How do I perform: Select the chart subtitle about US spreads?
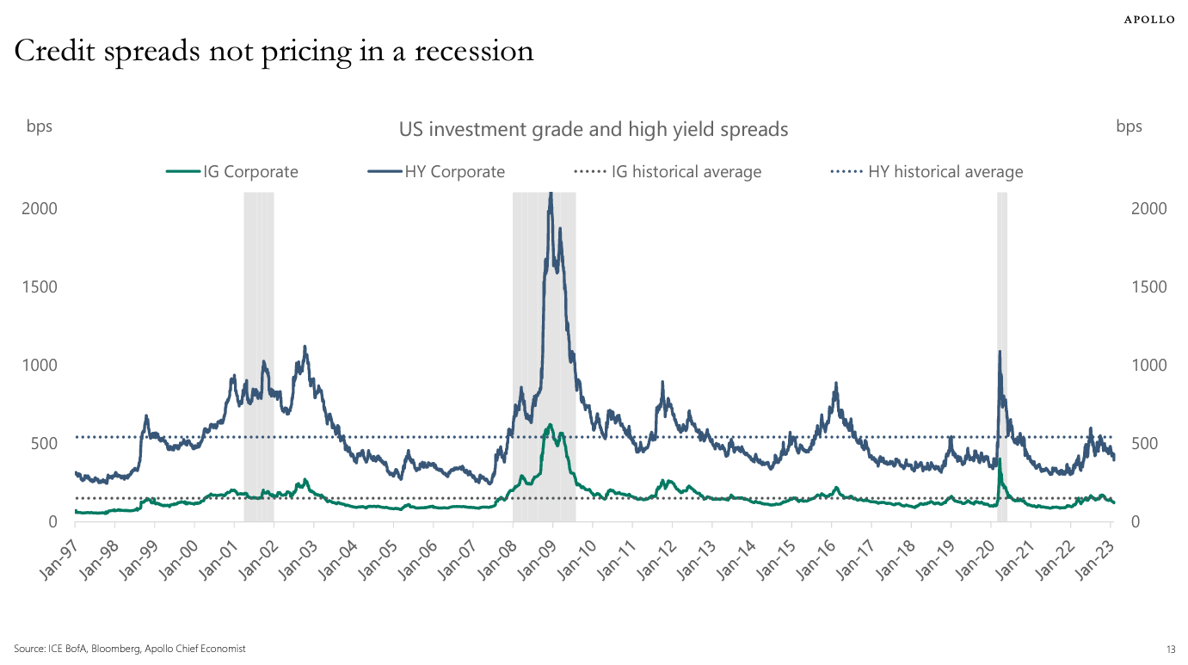pos(593,129)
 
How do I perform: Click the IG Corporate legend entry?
pos(233,171)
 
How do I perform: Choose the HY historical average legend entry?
pos(926,171)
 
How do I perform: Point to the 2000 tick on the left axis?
pos(40,209)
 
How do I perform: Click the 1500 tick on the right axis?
pos(1148,286)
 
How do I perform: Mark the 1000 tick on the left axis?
pos(40,365)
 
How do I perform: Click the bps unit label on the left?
pos(39,126)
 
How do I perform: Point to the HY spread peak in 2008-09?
pos(551,194)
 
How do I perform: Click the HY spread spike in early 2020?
pos(999,352)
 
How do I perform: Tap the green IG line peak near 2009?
pos(550,425)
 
